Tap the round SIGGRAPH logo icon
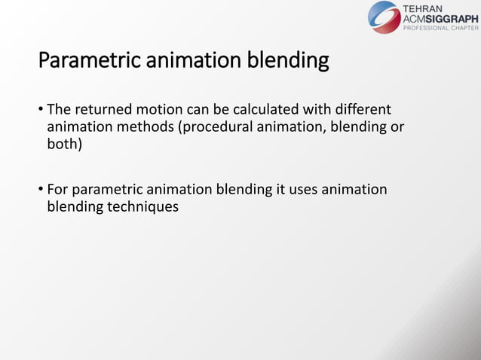pos(384,17)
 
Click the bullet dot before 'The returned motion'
pos(41,111)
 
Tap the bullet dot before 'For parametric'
pos(41,190)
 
